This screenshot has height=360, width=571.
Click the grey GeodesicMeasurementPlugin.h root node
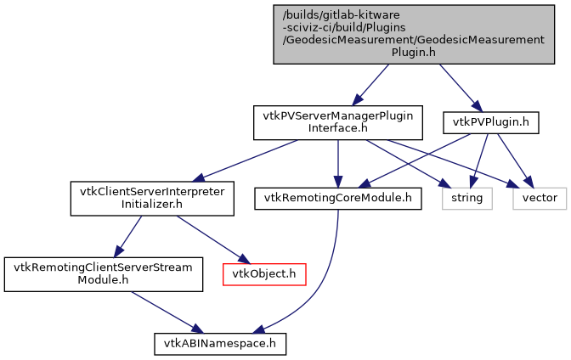click(x=413, y=33)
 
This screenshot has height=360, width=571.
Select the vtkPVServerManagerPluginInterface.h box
click(x=338, y=122)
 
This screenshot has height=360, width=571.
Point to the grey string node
click(x=466, y=198)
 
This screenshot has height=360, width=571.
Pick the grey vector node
click(x=539, y=198)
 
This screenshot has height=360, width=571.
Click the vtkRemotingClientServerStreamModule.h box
click(x=103, y=273)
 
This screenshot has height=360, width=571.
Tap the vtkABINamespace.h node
click(x=220, y=343)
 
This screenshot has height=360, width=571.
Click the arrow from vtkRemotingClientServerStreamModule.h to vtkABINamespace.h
click(x=161, y=309)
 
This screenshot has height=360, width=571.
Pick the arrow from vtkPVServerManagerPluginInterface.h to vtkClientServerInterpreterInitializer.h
click(x=246, y=160)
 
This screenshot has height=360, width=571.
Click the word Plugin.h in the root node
click(x=413, y=51)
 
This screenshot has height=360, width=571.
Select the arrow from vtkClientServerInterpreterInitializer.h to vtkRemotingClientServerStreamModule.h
click(x=128, y=235)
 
